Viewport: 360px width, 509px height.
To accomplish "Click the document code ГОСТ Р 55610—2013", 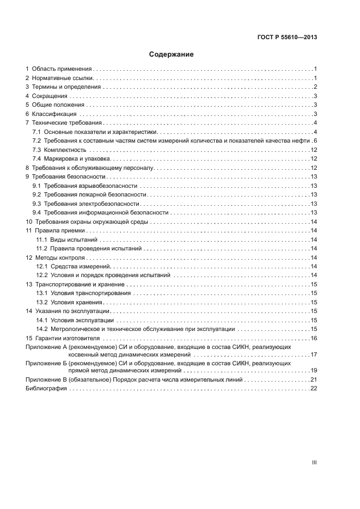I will [287, 38].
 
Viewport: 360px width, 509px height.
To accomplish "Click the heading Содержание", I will [172, 54].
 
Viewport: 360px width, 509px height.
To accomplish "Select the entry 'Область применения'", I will [62, 70].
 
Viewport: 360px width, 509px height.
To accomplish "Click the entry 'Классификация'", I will [54, 114].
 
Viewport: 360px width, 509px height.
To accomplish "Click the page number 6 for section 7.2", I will [315, 140].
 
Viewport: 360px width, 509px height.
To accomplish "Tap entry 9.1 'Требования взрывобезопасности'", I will [90, 185].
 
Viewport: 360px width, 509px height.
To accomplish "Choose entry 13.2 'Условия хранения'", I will [77, 302].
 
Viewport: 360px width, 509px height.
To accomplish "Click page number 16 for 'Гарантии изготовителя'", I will [314, 338].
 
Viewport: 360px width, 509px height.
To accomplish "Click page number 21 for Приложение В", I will [314, 379].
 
